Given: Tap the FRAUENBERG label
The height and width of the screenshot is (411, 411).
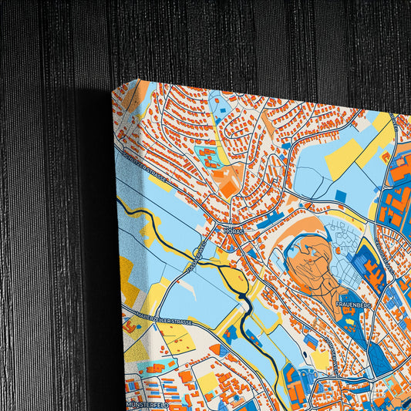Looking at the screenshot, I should (x=354, y=305).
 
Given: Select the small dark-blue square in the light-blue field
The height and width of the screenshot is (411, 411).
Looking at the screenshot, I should (x=340, y=196).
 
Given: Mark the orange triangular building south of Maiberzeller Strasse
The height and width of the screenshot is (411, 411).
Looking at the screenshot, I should (x=214, y=349).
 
